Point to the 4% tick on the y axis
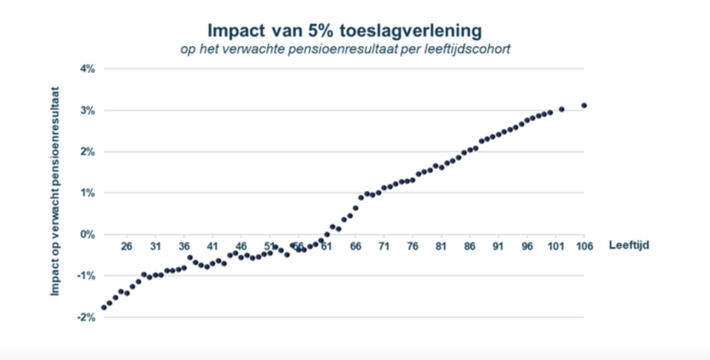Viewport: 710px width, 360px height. tap(87, 69)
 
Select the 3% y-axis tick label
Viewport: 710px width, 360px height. tap(87, 110)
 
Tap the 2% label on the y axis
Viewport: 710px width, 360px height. tap(87, 151)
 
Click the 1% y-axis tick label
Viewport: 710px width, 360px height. tap(87, 192)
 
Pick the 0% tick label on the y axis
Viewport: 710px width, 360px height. tap(87, 234)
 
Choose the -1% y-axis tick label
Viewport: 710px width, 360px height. tap(86, 276)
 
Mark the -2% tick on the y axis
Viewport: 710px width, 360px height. tap(86, 317)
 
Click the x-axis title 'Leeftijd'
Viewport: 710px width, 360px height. tap(629, 246)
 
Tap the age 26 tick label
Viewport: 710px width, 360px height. tap(126, 246)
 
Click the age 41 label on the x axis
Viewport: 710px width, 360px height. tap(212, 246)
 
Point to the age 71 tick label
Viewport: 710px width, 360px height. tap(384, 246)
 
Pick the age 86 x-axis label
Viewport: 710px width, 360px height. tap(469, 246)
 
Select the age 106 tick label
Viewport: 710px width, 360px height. tap(583, 246)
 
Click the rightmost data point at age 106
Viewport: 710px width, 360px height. tap(584, 105)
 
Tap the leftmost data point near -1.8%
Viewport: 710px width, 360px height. tap(104, 307)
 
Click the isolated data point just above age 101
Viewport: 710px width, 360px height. tap(561, 109)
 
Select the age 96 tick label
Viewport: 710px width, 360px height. tap(527, 246)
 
